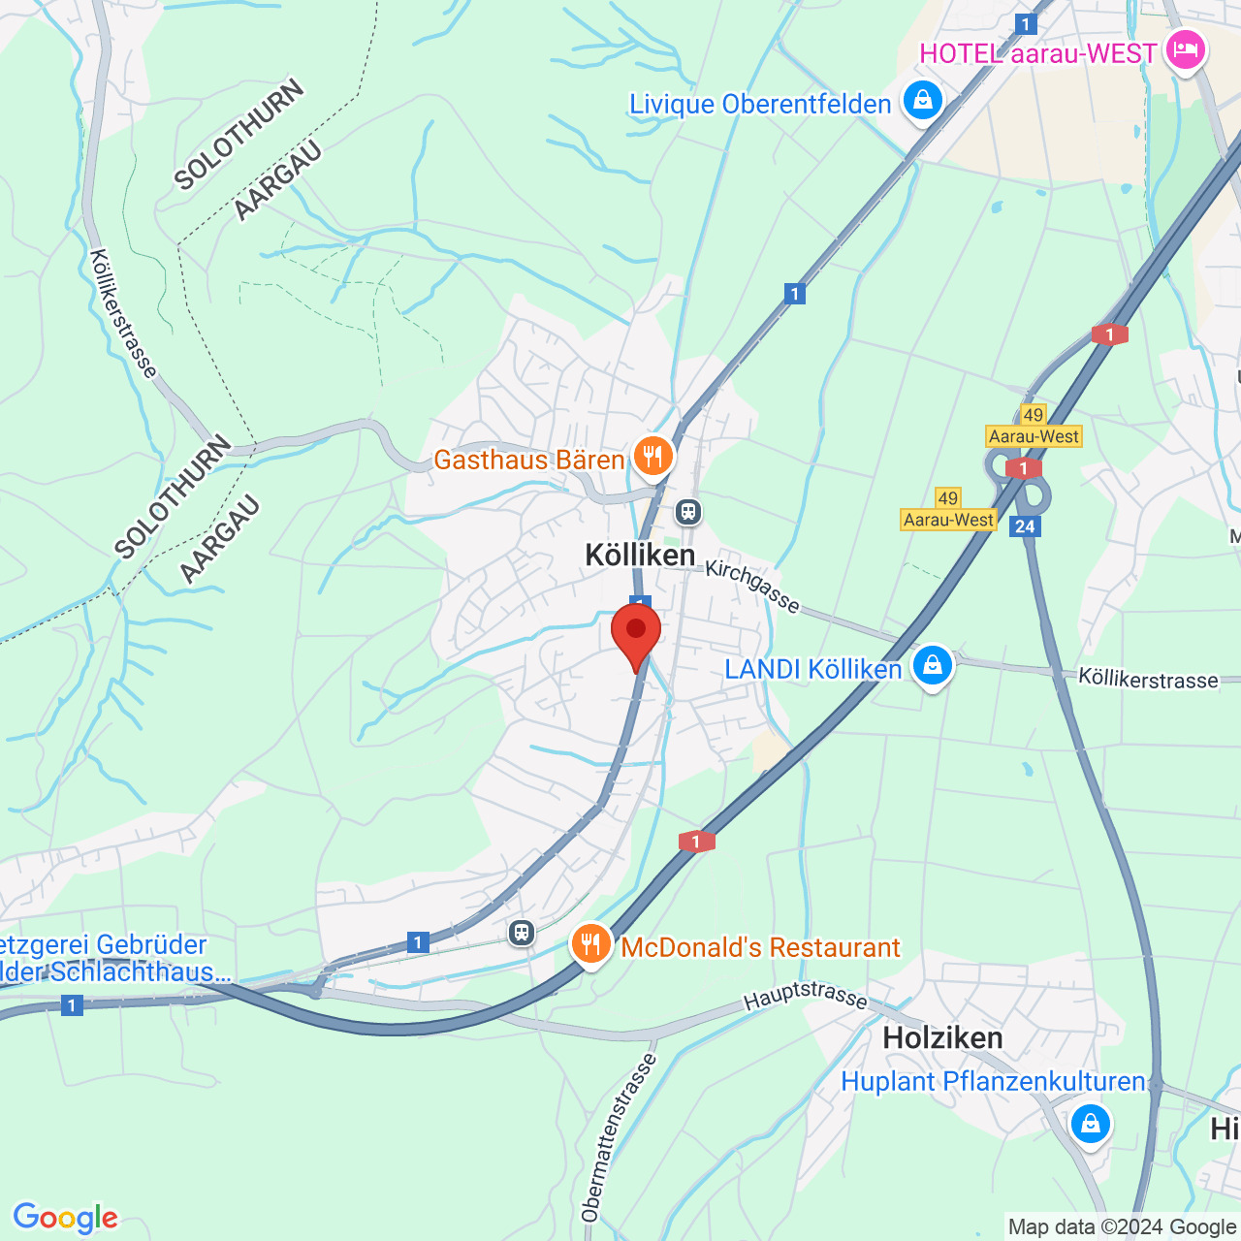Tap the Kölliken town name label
pos(640,555)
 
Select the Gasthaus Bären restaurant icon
pos(653,456)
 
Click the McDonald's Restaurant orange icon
pos(590,943)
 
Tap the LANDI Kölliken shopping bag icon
pos(932,666)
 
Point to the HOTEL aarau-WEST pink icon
pos(1186,49)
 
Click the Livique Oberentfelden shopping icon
pos(922,101)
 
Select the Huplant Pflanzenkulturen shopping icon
pos(1091,1125)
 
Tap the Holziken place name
pos(942,1038)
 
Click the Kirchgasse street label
pos(752,586)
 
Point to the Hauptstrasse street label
pos(806,995)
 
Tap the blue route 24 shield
pos(1025,526)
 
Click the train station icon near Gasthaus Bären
pos(688,511)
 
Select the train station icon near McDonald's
pos(522,933)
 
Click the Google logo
pos(65,1218)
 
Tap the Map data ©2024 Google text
pos(1122,1227)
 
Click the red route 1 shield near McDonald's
pos(696,842)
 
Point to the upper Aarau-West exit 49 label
pos(1034,427)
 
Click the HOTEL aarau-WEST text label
pos(1037,53)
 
